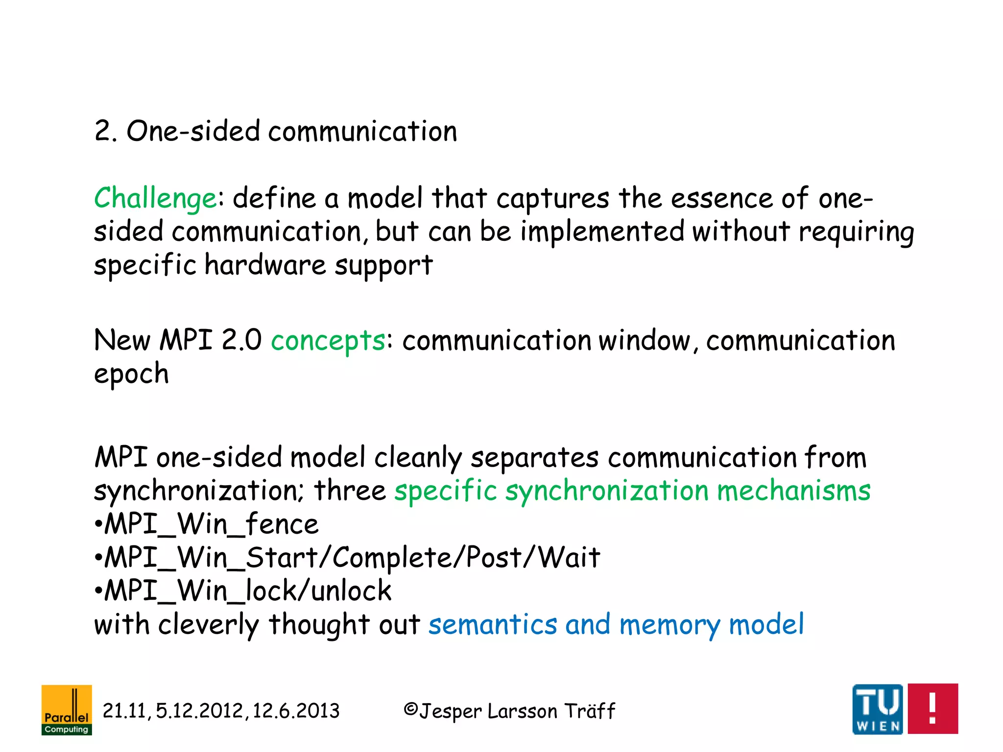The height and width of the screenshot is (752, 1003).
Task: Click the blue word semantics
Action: [493, 625]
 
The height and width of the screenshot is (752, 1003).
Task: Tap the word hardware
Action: [265, 265]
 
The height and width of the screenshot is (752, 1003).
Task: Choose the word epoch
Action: [131, 375]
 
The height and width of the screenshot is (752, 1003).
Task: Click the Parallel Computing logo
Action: [67, 709]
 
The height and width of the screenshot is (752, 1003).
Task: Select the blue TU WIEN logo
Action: [878, 709]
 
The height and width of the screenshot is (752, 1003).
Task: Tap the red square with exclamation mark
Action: [932, 708]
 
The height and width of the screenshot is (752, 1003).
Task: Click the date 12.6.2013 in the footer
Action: [296, 711]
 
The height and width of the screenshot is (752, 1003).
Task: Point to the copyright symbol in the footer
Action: [410, 709]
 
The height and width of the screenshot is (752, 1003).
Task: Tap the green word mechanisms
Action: [793, 491]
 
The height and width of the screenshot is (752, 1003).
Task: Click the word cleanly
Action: [418, 458]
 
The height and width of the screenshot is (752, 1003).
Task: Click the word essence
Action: [722, 198]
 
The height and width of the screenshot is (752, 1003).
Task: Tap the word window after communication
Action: [645, 340]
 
